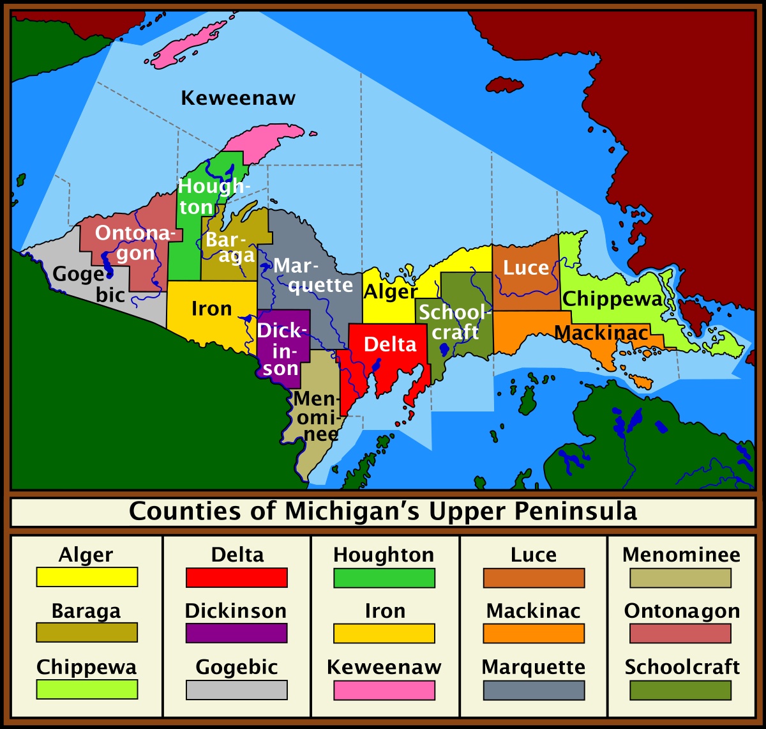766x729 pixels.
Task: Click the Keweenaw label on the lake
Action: pos(238,98)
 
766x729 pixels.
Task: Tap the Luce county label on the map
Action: pos(525,268)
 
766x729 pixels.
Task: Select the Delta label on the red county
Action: pos(390,344)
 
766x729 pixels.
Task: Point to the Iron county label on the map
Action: pos(211,309)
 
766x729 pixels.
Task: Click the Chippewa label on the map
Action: pos(612,299)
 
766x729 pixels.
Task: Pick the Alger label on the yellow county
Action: pos(390,292)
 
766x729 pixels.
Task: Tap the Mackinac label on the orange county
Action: pos(601,333)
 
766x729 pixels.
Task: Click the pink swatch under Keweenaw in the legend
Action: pos(384,690)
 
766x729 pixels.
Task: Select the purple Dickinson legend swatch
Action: pos(237,633)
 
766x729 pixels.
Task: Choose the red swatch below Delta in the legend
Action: pos(237,578)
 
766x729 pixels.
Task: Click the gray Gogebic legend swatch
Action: pos(237,690)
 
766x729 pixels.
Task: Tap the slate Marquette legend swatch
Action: pos(534,690)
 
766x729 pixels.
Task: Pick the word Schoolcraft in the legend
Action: pos(682,667)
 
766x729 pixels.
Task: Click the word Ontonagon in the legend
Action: pos(682,611)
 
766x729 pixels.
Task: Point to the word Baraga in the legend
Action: pos(86,611)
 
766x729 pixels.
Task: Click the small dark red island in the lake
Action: pos(504,85)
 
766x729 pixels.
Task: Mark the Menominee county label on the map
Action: pos(315,417)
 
